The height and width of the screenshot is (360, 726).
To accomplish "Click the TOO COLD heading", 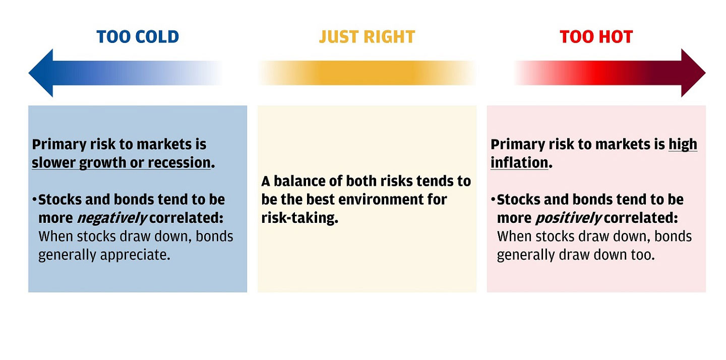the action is point(138,37).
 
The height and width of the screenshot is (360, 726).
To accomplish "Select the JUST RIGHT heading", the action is point(367,37).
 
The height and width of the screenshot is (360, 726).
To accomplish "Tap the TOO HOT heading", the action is point(596,37).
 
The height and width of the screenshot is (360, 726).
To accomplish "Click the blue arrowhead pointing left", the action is point(41,73).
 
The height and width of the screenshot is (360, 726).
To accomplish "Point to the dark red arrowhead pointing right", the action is point(693,73).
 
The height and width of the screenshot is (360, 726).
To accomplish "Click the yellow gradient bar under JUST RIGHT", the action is point(367,73).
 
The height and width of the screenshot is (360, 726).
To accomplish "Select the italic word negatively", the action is point(112,218).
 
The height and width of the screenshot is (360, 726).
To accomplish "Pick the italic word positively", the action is point(569,218).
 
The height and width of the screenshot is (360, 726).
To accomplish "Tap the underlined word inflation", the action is point(519,163).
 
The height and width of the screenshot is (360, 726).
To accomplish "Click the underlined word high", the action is point(683,145).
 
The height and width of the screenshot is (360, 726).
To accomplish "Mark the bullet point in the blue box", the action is point(34,199).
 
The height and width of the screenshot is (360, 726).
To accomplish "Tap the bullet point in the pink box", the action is point(493,199).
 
